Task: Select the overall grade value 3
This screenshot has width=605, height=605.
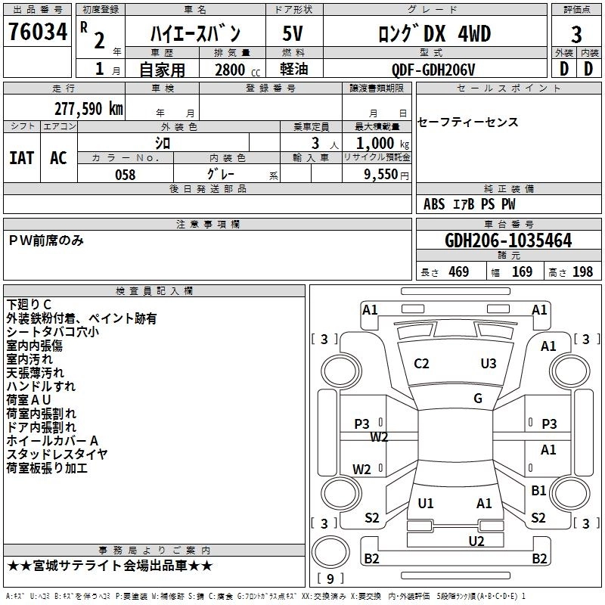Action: (576, 35)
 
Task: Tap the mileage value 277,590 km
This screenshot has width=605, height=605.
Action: (88, 109)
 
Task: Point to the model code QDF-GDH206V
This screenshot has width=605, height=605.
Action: (433, 70)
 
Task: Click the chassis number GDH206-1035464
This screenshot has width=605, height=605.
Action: (508, 240)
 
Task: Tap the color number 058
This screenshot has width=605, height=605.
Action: (125, 175)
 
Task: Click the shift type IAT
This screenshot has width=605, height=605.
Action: (21, 157)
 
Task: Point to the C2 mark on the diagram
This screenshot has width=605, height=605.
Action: (422, 364)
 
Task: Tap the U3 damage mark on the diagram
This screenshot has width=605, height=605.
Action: (489, 364)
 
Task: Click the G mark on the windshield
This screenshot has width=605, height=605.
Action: (478, 399)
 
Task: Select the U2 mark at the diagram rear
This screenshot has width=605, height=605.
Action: (476, 540)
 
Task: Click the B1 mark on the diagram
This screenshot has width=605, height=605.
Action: (538, 491)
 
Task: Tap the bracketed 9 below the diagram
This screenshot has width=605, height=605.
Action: (330, 579)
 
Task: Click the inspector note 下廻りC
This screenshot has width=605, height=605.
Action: (29, 305)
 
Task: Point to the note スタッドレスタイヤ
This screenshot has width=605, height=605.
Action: (57, 455)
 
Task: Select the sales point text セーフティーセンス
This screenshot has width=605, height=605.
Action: (468, 123)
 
